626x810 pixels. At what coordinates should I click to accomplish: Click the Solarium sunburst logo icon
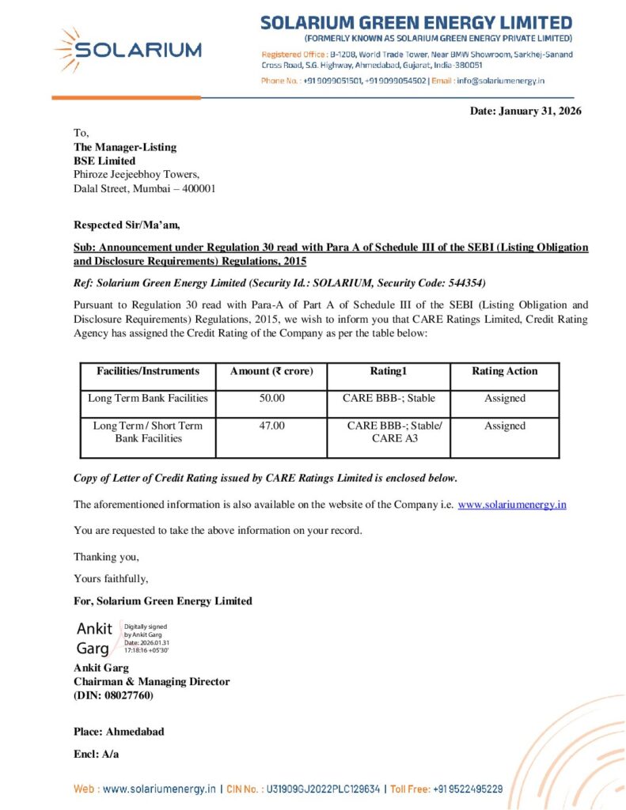point(68,50)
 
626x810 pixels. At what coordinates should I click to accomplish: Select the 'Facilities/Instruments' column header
point(148,371)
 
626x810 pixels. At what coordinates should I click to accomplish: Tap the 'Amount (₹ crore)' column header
point(271,371)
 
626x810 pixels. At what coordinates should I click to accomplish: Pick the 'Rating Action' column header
point(504,371)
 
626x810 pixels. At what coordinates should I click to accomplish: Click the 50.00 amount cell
point(271,399)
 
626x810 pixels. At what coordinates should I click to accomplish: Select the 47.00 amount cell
point(271,426)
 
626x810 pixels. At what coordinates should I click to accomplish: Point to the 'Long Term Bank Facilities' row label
point(148,399)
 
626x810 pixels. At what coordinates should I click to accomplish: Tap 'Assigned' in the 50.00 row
point(504,399)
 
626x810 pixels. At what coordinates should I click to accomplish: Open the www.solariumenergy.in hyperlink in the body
point(512,505)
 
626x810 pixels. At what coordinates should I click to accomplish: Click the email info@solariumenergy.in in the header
point(500,81)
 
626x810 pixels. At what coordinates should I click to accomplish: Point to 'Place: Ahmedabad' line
point(119,732)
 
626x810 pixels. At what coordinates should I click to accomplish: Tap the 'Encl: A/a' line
point(96,754)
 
